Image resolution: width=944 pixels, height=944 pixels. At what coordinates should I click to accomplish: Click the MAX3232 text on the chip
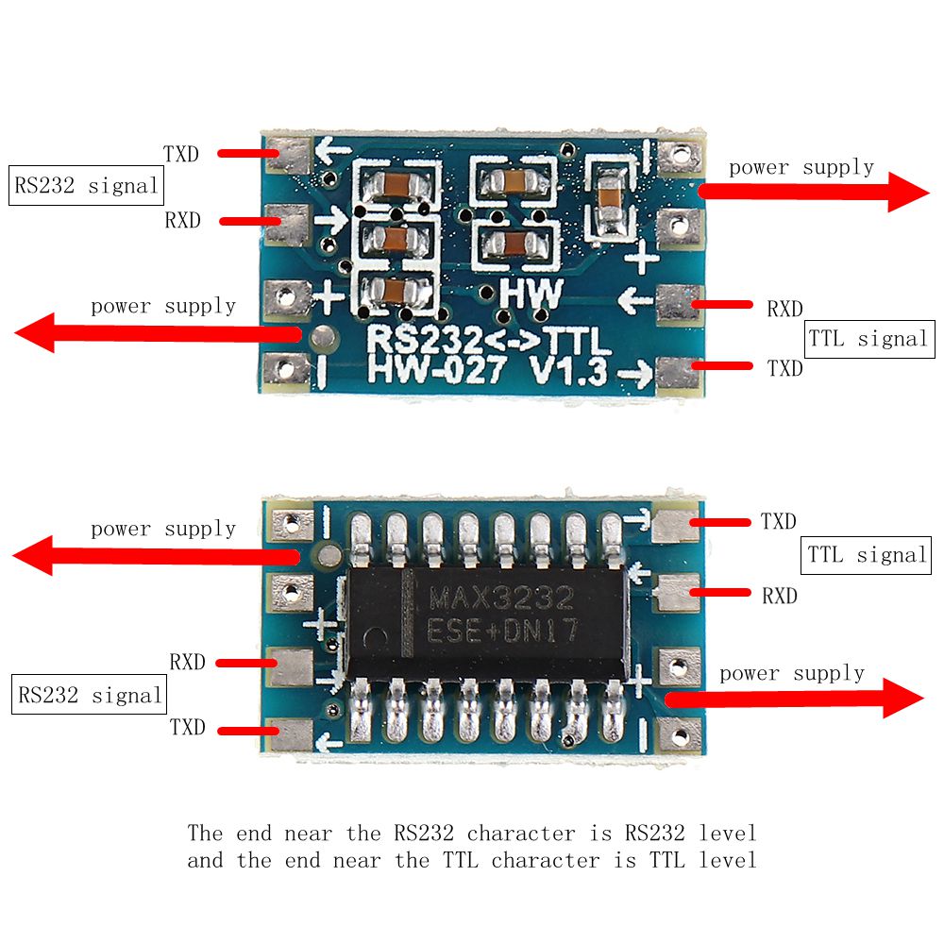tap(501, 598)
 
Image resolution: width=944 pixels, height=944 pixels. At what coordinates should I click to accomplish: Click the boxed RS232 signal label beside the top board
tap(86, 186)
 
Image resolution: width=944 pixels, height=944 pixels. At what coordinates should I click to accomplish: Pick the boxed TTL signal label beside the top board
tap(868, 339)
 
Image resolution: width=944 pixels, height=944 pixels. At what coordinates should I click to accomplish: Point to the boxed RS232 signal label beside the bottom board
tap(89, 697)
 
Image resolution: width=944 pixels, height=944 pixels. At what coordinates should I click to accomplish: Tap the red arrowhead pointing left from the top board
tap(36, 333)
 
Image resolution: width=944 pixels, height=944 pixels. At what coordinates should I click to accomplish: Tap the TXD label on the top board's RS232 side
tap(181, 154)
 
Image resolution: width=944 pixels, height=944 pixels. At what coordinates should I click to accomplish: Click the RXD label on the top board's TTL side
tap(784, 309)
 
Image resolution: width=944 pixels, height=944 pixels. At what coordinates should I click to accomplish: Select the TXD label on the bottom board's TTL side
tap(778, 521)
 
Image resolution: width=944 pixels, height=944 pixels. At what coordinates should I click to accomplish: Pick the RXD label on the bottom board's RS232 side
tap(187, 662)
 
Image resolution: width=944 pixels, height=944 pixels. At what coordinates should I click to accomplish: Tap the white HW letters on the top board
tap(531, 295)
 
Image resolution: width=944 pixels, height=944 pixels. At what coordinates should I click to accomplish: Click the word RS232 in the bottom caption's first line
tap(423, 833)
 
